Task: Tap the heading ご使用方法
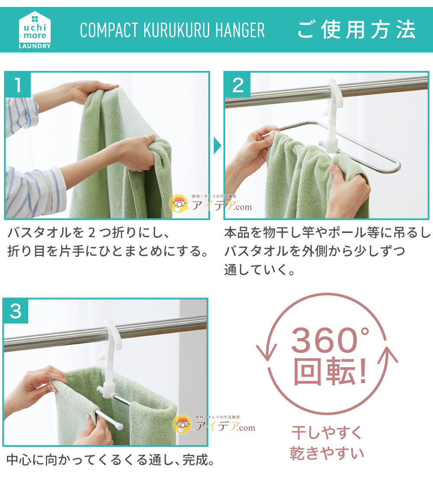[356, 30]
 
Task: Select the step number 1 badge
[18, 85]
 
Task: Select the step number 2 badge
[238, 85]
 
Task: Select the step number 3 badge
[16, 311]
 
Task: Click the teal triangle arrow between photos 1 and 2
[217, 146]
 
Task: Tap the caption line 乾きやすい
[326, 453]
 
